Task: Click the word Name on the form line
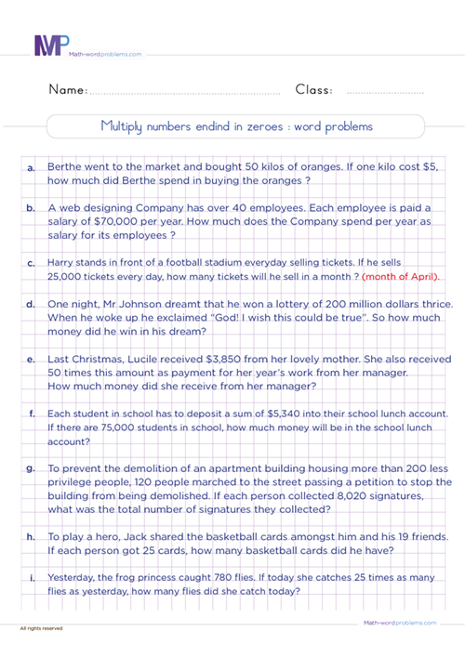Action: click(x=66, y=90)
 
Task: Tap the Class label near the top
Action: click(x=315, y=90)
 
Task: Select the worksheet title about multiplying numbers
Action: click(x=235, y=126)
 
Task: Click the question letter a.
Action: click(x=32, y=167)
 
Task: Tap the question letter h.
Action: click(x=32, y=537)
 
